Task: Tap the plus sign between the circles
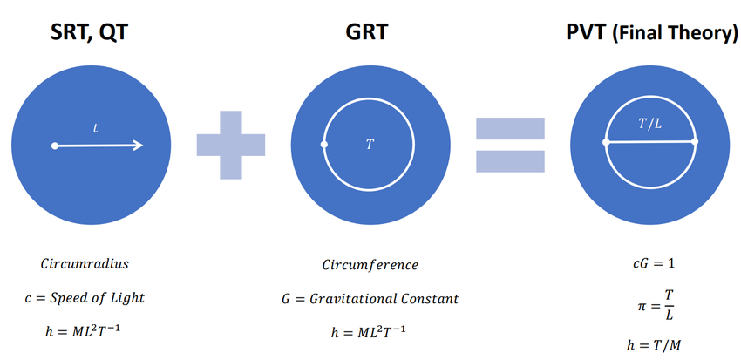coord(230,144)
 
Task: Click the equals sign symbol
coord(510,144)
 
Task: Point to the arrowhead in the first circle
coord(137,146)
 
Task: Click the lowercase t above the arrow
coord(96,128)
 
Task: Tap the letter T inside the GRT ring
coord(370,144)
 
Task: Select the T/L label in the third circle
coord(650,125)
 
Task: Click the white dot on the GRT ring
coord(324,145)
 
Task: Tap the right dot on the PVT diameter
coord(695,141)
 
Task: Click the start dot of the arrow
coord(55,146)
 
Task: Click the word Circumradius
coord(85,263)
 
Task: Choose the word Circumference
coord(370,264)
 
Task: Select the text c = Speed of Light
coord(85,297)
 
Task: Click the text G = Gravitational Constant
coord(370,298)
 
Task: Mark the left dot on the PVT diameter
coord(606,141)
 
